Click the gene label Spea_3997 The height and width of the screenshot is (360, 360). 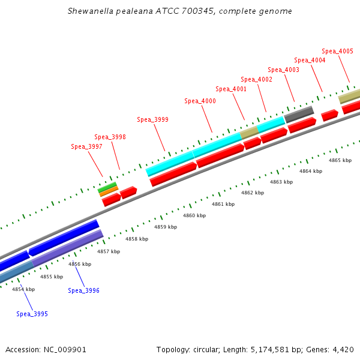[x=86, y=146]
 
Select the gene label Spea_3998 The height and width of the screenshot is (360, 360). [x=110, y=137]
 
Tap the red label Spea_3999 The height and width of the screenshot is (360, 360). [x=152, y=119]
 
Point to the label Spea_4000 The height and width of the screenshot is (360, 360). [x=200, y=101]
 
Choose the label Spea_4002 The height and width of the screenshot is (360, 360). [x=256, y=79]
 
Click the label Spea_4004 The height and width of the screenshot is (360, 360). [x=310, y=60]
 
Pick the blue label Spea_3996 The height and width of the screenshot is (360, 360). [x=83, y=290]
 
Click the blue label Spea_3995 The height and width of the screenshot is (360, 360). [x=32, y=314]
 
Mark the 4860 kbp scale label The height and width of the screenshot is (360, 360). [x=194, y=215]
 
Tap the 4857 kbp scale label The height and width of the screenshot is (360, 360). [x=109, y=251]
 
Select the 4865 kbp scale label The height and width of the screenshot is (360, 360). [x=340, y=160]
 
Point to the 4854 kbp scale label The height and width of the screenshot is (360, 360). [x=23, y=289]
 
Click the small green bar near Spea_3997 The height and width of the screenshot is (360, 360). [x=107, y=188]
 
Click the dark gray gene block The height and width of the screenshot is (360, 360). [x=299, y=112]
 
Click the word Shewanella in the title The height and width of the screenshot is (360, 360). [x=89, y=11]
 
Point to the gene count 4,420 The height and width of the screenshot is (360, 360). [x=344, y=349]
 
